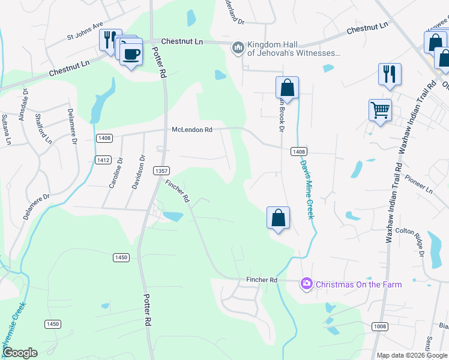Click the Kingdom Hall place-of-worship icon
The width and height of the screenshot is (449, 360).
(238, 47)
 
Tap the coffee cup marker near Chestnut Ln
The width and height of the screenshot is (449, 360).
(131, 54)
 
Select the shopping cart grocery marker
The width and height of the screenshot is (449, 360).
(380, 110)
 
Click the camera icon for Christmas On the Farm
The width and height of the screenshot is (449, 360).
(307, 283)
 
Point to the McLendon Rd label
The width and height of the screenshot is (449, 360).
(192, 130)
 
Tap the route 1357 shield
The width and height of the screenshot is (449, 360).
(161, 170)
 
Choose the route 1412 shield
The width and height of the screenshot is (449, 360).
(103, 160)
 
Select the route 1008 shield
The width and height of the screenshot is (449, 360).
(379, 326)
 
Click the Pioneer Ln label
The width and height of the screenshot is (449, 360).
(418, 184)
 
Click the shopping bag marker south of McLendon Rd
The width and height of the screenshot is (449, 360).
(279, 218)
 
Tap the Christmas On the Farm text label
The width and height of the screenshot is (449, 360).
(358, 284)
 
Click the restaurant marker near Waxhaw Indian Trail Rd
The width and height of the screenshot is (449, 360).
(390, 74)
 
